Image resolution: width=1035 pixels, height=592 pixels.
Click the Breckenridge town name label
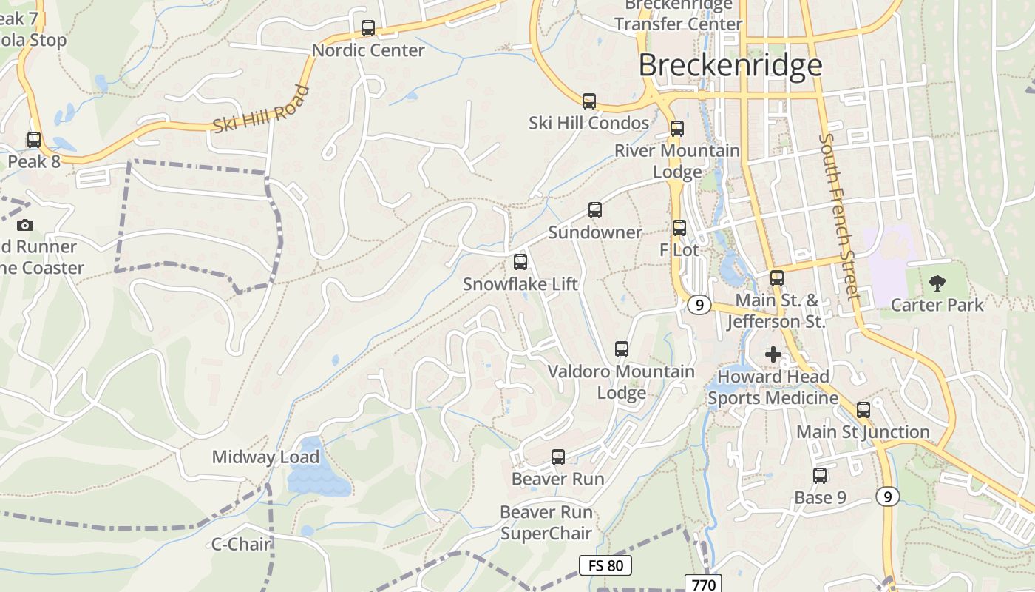tap(730, 65)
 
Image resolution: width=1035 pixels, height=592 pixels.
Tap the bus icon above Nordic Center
tap(368, 28)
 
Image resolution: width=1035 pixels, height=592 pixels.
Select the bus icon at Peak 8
tap(33, 139)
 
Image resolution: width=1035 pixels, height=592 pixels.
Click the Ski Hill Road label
tap(260, 110)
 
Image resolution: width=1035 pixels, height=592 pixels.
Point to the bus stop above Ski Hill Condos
tap(588, 101)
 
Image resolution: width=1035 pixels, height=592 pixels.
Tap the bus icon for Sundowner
tap(595, 209)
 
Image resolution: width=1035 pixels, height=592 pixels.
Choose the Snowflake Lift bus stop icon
tap(520, 261)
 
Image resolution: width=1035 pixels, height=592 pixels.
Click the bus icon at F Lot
tap(679, 228)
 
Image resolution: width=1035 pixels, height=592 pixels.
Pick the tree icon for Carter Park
tap(937, 282)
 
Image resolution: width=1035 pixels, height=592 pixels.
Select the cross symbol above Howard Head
tap(773, 354)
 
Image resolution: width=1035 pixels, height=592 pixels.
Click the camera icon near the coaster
tap(25, 225)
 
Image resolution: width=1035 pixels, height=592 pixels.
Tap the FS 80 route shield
tap(605, 566)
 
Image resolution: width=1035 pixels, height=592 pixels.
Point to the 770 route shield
tap(703, 585)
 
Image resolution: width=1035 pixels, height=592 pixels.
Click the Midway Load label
tap(265, 457)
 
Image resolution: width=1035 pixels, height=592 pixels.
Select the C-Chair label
tap(242, 544)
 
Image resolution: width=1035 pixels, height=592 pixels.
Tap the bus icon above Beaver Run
tap(558, 457)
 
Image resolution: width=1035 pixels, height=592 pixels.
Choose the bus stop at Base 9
tap(820, 476)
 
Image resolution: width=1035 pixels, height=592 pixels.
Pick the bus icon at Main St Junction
tap(863, 409)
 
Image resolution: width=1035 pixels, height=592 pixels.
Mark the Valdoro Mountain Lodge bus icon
tap(622, 349)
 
